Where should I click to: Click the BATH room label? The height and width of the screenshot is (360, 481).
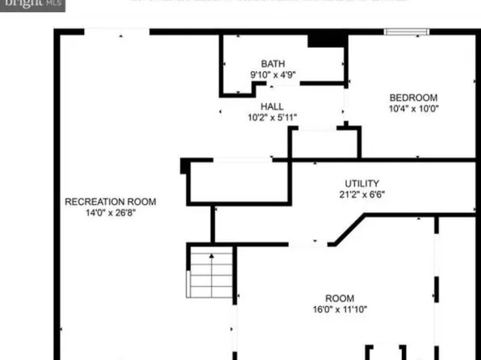pyautogui.click(x=272, y=64)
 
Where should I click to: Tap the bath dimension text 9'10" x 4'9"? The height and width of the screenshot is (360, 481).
pyautogui.click(x=273, y=75)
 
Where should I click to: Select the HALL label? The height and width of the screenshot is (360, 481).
pyautogui.click(x=272, y=107)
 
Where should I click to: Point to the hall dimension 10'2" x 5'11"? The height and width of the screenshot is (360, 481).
pyautogui.click(x=273, y=118)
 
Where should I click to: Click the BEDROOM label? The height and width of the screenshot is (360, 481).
pyautogui.click(x=413, y=98)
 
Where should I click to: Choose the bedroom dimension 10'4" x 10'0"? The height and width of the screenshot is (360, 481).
pyautogui.click(x=413, y=109)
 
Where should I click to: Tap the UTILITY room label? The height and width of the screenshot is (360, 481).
pyautogui.click(x=362, y=183)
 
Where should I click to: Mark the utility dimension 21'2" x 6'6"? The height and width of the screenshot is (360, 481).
pyautogui.click(x=362, y=195)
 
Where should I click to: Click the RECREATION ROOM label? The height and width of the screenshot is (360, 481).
pyautogui.click(x=111, y=202)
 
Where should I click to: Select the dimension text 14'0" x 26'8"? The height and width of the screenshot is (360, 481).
pyautogui.click(x=111, y=213)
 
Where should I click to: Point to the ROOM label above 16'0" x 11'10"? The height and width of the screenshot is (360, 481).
pyautogui.click(x=339, y=299)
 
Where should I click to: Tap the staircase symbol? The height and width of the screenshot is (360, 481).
pyautogui.click(x=211, y=271)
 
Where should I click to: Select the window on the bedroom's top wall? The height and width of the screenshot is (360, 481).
pyautogui.click(x=405, y=32)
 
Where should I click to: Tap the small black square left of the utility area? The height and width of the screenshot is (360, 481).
pyautogui.click(x=185, y=165)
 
